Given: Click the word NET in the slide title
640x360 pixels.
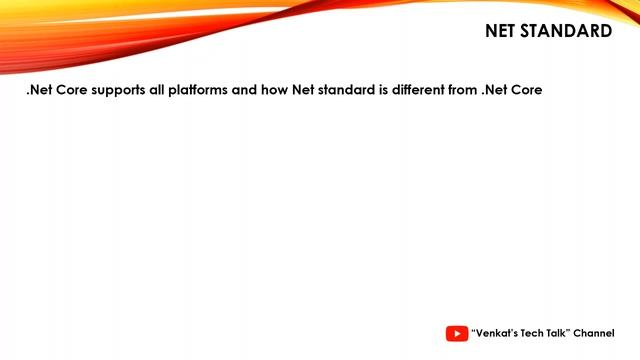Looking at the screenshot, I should (x=503, y=31).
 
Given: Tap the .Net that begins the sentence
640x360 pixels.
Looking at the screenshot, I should (x=39, y=90).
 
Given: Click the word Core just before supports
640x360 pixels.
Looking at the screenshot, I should (x=73, y=90).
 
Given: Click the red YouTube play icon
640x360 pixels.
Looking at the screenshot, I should (x=456, y=333).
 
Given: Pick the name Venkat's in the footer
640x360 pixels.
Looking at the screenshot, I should (x=496, y=333).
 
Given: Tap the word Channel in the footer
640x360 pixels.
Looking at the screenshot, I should (x=594, y=333).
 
